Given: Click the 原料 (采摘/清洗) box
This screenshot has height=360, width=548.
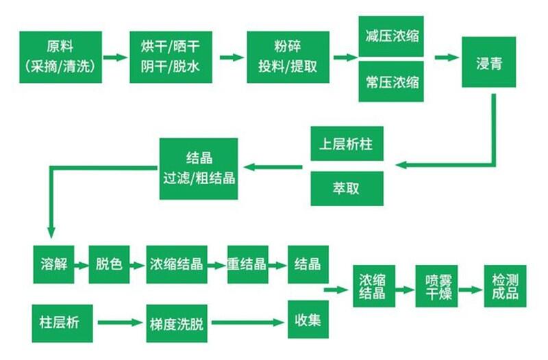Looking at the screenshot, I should pos(61,57).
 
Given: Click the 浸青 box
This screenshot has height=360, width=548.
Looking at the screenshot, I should pos(488,62).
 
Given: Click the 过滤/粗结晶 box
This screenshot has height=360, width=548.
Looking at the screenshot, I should pos(199,168).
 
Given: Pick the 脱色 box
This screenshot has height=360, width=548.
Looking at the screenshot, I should pos(110,263).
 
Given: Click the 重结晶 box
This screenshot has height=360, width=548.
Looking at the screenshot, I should pos(247,263).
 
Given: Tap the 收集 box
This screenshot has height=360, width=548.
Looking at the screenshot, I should pos(308,321).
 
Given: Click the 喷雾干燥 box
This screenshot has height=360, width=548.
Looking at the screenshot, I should pos(436,287).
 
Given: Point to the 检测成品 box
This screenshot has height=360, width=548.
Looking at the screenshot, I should pos(505,287).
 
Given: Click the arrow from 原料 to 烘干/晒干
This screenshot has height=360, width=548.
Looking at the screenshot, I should pos(116,57).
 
